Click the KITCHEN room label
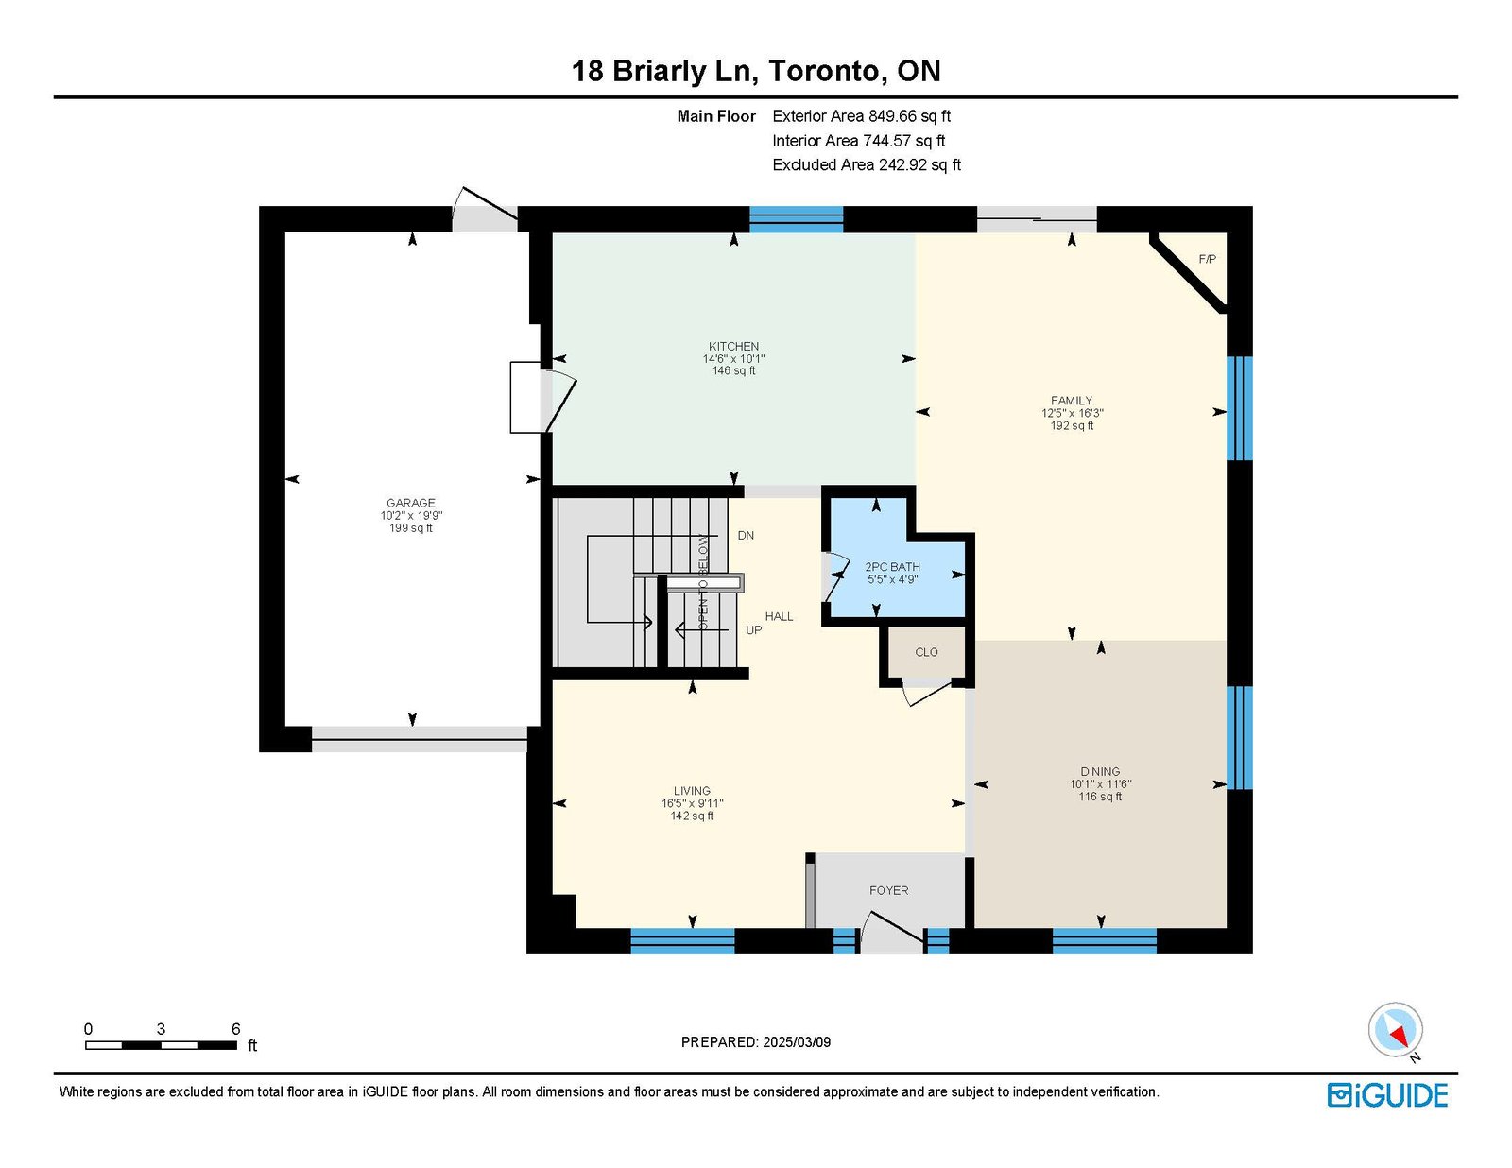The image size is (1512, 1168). (733, 347)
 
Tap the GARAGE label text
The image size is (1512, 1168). (410, 503)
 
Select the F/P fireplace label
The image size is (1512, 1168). (1207, 260)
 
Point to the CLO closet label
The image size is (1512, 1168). (926, 653)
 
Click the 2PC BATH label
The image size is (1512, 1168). (892, 567)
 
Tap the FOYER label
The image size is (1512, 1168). (888, 890)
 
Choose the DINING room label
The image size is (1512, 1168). (1100, 771)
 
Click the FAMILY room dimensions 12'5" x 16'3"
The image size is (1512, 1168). (1072, 413)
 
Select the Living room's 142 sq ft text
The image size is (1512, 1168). (692, 816)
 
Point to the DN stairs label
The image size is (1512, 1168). (746, 536)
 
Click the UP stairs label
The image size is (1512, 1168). (753, 630)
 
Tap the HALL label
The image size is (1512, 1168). (779, 616)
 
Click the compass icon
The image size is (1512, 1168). (1395, 1030)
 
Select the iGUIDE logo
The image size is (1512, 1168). (1387, 1095)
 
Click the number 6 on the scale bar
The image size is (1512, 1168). (236, 1029)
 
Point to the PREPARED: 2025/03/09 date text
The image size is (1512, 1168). (756, 1042)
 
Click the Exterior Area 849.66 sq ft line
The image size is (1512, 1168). (862, 116)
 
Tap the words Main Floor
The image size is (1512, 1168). (716, 116)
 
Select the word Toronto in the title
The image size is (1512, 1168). (823, 71)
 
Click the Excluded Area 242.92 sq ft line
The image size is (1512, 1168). (867, 164)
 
